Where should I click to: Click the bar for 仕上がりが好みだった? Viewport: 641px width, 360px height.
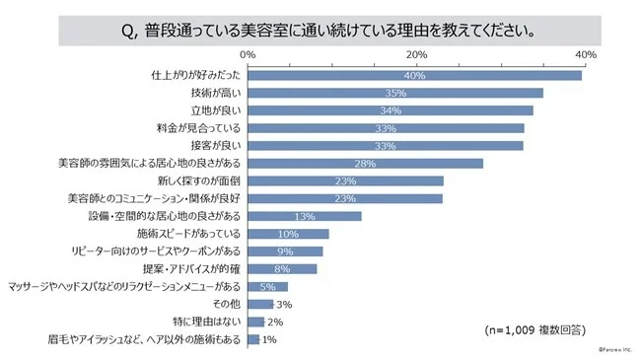[x=414, y=75]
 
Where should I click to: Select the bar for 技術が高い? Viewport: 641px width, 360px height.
[x=395, y=93]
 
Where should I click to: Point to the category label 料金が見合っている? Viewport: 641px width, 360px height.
[x=201, y=128]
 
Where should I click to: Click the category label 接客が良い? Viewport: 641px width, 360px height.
[x=215, y=146]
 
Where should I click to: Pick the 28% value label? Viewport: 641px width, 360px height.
[x=365, y=163]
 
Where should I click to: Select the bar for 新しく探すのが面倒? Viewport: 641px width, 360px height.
[x=344, y=180]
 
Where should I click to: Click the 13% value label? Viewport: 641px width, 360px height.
[x=304, y=216]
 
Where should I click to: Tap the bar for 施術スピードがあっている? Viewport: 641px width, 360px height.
[x=288, y=234]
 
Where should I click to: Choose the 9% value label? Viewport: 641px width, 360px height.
[x=285, y=252]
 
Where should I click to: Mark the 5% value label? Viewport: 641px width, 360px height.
[x=267, y=286]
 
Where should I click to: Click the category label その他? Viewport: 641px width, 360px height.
[x=227, y=304]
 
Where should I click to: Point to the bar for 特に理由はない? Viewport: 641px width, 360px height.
[x=255, y=322]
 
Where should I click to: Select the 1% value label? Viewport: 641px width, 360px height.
[x=269, y=339]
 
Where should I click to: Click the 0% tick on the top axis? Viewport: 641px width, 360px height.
[x=248, y=53]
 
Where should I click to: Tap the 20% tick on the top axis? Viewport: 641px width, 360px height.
[x=417, y=53]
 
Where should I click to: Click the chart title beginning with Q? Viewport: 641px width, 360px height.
[x=320, y=29]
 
